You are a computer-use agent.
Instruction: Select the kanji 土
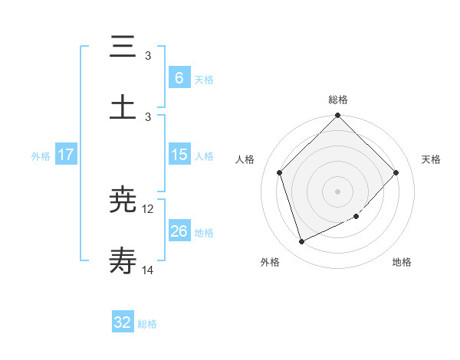coord(123,107)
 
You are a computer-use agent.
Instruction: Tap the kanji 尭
coord(123,201)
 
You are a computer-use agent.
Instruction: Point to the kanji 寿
coord(123,262)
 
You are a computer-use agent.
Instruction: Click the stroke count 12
coord(148,208)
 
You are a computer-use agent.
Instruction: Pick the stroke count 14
coord(148,270)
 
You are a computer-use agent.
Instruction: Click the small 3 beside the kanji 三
coord(148,55)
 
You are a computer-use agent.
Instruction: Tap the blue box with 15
coord(179,155)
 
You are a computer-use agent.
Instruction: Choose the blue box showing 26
coord(179,231)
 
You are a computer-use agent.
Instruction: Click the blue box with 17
coord(66,155)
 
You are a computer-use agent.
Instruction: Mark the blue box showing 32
coord(123,322)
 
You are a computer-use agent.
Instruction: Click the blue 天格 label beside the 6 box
coord(204,79)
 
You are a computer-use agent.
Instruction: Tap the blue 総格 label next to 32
coord(147,324)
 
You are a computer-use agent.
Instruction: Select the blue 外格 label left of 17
coord(41,156)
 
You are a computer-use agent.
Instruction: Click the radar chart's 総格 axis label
coord(338,100)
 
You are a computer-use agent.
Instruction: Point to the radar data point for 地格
coord(356,217)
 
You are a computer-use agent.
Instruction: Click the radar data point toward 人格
coord(280,172)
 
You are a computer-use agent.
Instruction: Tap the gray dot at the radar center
coord(338,191)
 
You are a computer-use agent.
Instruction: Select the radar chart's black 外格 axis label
coord(271,262)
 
